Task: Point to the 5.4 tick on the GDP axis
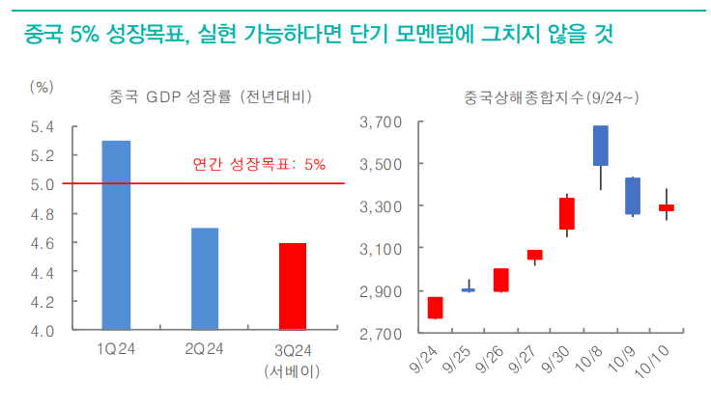coord(42,126)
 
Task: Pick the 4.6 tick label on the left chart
coord(42,243)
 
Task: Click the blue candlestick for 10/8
coord(600,146)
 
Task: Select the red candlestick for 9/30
coord(567,213)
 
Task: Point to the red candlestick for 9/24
coord(435,308)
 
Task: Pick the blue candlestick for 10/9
coord(633,196)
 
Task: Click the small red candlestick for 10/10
coord(667,207)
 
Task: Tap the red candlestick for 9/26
coord(500,280)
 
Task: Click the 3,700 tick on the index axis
coord(380,122)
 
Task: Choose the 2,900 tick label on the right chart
coord(380,291)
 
